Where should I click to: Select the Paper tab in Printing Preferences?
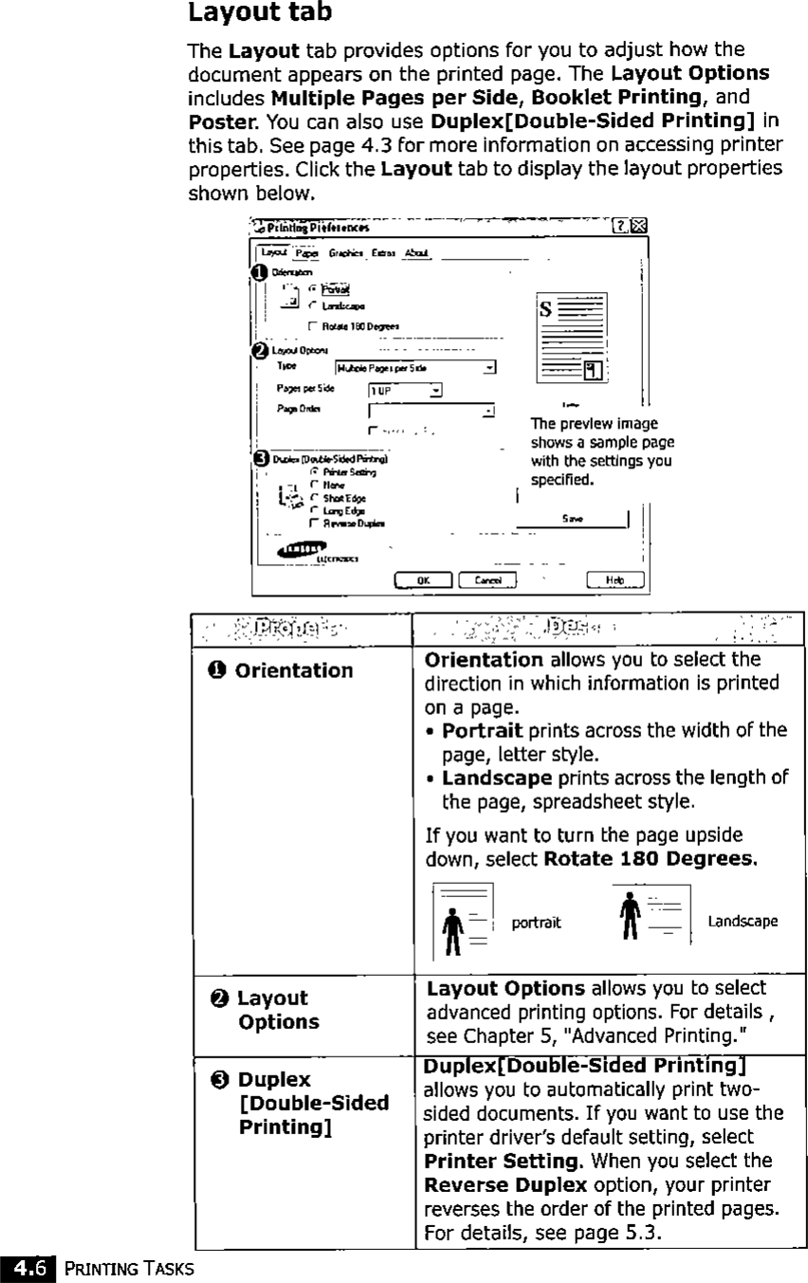coord(304,253)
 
